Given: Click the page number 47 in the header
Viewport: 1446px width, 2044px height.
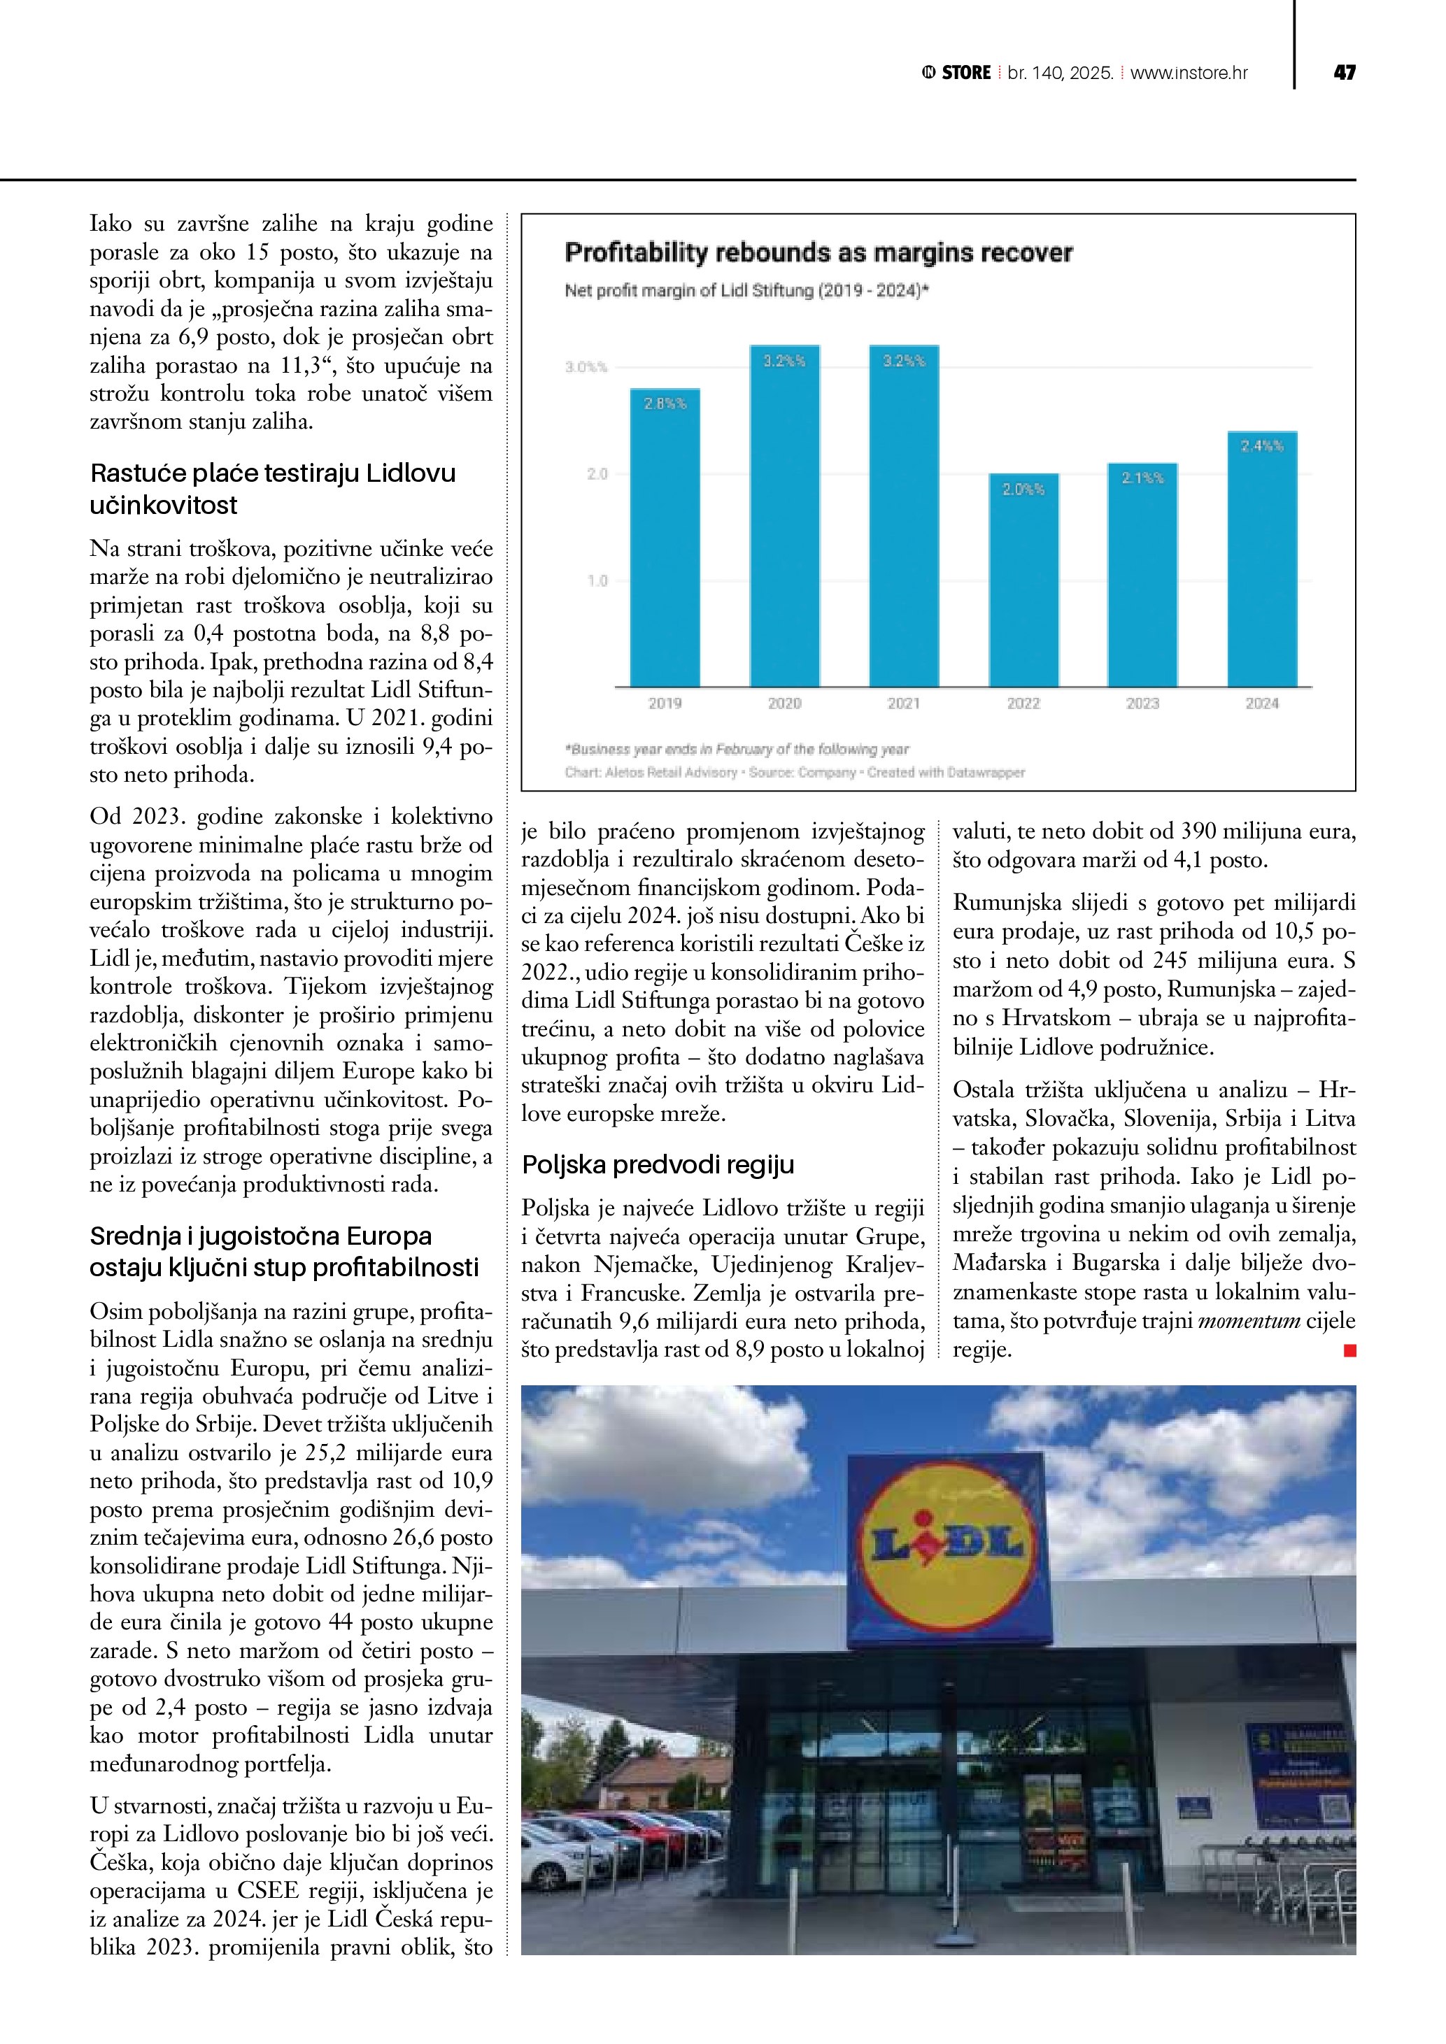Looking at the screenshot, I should (x=1344, y=73).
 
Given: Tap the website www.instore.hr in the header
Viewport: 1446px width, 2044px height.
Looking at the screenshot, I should (x=1189, y=73).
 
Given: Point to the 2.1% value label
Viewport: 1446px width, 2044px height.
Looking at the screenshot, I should (x=1142, y=478).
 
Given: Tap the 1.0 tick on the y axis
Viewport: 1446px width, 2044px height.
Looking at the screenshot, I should (x=597, y=580).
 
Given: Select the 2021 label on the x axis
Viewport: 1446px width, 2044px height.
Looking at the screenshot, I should (x=904, y=703).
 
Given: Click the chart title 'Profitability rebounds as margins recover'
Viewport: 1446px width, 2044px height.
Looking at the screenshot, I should (x=818, y=253).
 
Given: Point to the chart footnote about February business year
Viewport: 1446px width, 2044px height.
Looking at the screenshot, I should (x=737, y=750).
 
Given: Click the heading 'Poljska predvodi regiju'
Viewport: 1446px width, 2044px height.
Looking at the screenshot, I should (x=658, y=1164).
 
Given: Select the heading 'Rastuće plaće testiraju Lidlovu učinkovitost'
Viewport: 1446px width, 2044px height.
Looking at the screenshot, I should (x=272, y=489).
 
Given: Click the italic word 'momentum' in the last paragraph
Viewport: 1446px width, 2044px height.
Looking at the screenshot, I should (x=1249, y=1321).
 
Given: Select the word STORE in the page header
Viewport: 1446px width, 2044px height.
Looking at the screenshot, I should (x=966, y=73).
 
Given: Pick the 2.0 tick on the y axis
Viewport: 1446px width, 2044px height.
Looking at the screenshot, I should (x=597, y=473).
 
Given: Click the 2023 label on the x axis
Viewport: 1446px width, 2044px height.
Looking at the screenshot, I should (x=1142, y=703).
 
